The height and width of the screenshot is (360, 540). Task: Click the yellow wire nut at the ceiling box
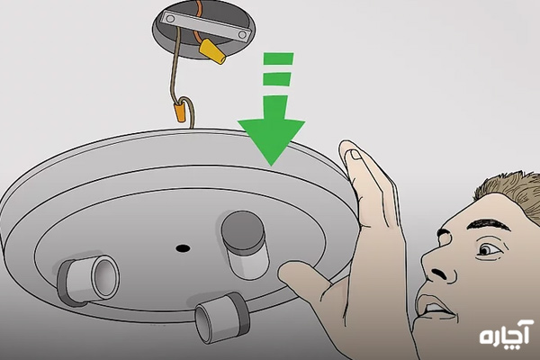click(x=212, y=51)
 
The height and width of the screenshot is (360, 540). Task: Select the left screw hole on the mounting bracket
click(x=170, y=19)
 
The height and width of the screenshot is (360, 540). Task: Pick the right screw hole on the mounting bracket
click(x=243, y=34)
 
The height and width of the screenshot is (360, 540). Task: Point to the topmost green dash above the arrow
click(x=278, y=58)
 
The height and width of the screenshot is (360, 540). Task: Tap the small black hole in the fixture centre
click(x=183, y=247)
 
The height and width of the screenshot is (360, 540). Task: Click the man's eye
click(x=487, y=249)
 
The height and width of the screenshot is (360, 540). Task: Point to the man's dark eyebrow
click(x=488, y=224)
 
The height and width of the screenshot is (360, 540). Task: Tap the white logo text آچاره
click(x=506, y=332)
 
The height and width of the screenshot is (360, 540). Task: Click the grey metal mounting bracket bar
click(x=206, y=26)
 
